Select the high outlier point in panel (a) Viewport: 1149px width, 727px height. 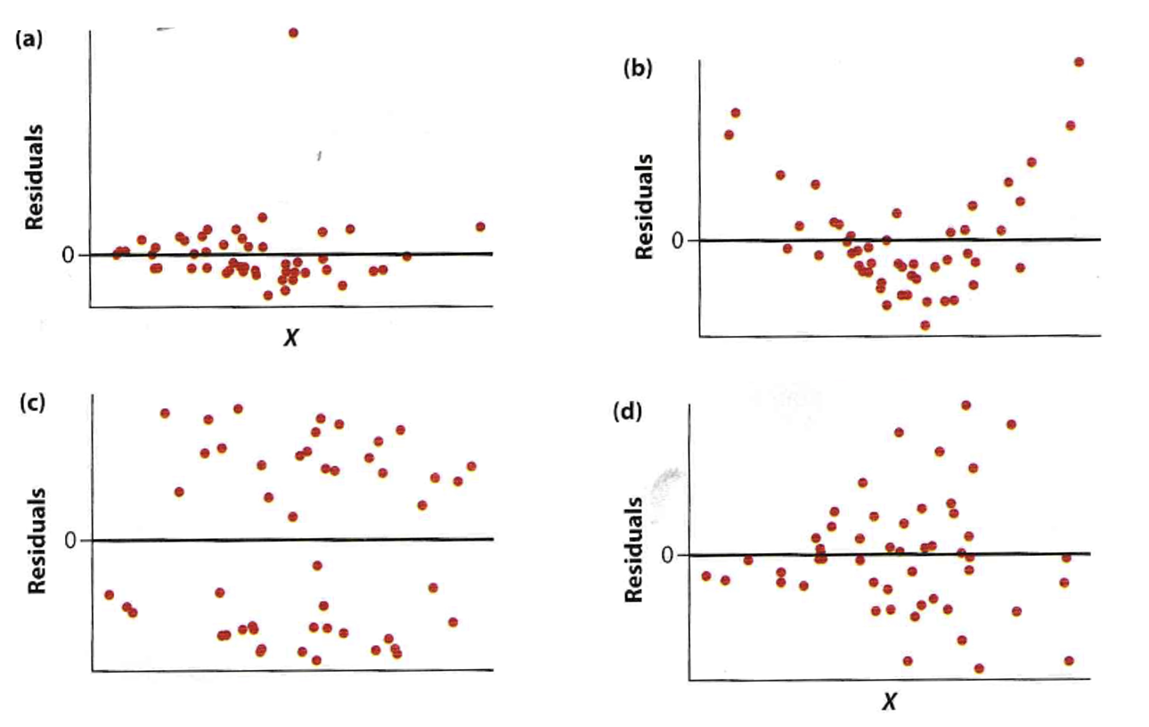293,33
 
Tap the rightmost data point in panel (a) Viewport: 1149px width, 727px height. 480,226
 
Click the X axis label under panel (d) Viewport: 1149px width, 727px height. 888,703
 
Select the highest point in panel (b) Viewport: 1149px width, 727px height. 1079,61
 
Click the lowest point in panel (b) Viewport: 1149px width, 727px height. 925,325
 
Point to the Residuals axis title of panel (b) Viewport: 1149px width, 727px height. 645,207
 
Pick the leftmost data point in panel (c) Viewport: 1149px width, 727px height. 109,594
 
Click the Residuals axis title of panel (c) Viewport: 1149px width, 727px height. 36,540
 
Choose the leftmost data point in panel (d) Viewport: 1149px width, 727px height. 706,576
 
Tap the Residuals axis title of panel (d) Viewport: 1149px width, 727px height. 633,549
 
